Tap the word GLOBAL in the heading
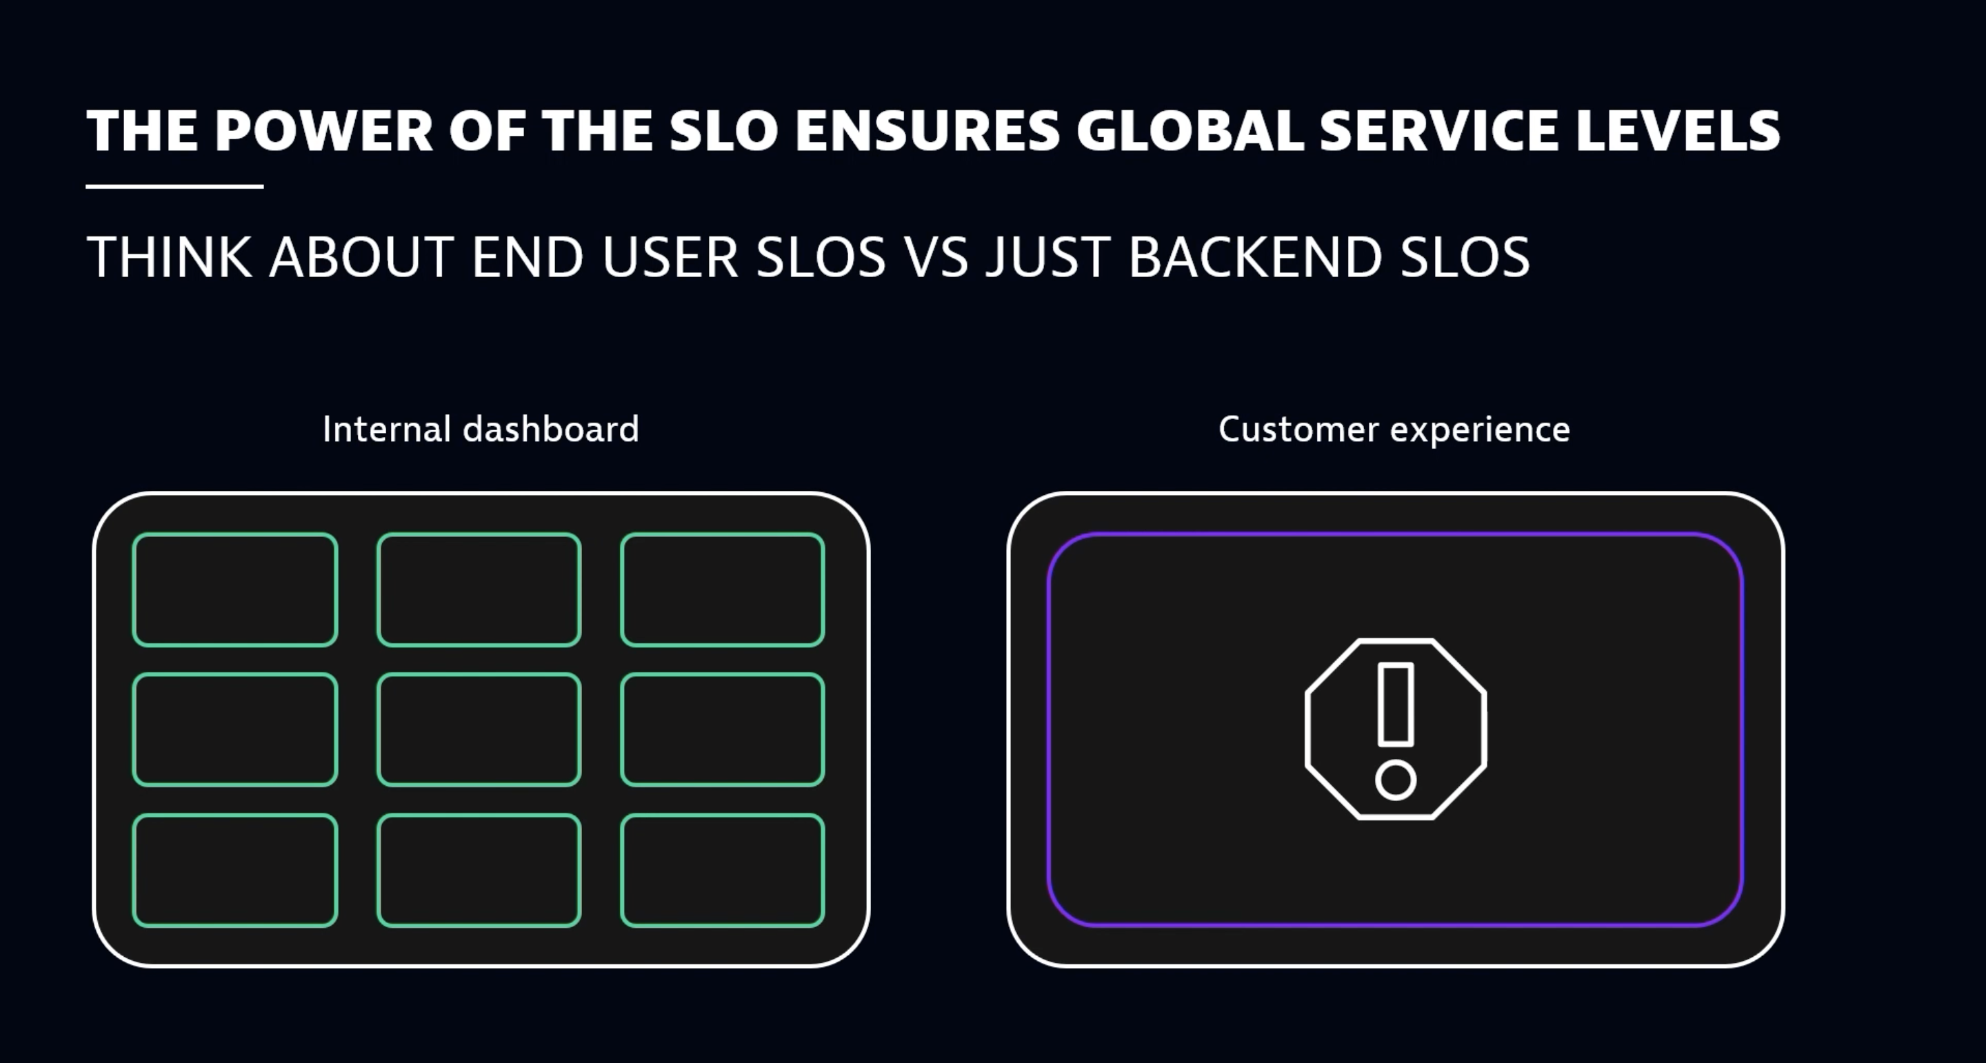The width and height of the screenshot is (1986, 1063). click(x=1190, y=131)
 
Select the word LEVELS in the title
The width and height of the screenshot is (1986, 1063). click(x=1678, y=131)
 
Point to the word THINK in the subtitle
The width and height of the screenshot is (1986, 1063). click(x=170, y=256)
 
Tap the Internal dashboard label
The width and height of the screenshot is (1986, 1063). click(x=481, y=429)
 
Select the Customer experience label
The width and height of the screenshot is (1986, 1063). click(x=1394, y=429)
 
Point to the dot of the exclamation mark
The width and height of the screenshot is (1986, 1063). click(x=1396, y=780)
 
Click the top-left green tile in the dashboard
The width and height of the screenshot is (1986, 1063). click(x=235, y=589)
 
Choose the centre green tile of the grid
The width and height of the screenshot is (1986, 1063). click(x=479, y=730)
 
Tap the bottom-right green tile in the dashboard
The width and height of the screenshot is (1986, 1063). click(x=723, y=870)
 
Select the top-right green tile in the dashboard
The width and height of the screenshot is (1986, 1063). click(x=723, y=589)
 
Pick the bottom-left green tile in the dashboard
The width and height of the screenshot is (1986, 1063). click(x=235, y=870)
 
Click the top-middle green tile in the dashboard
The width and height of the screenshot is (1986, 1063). click(x=479, y=589)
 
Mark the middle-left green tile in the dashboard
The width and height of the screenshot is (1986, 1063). click(x=235, y=730)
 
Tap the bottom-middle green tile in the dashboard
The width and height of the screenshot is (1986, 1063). click(x=479, y=870)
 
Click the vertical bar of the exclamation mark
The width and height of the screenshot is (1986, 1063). click(x=1396, y=704)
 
